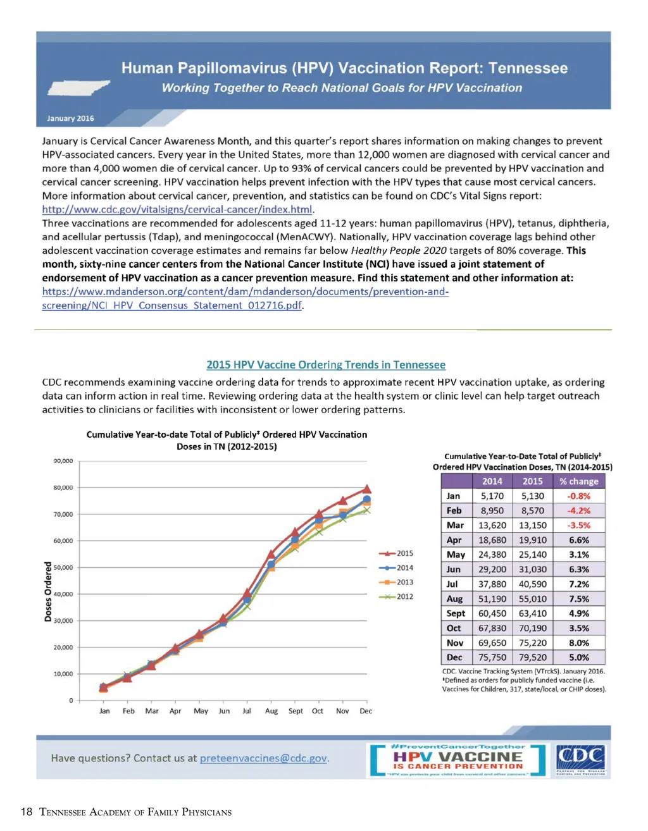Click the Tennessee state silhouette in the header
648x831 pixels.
77,87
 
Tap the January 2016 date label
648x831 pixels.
70,118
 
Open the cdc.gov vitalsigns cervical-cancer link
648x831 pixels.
177,209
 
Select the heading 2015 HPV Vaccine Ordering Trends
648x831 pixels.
326,365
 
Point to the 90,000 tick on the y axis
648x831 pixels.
63,461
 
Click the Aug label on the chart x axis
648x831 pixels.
271,711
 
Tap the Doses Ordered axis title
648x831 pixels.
48,591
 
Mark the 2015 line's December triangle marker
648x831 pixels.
366,489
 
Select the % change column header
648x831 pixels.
578,481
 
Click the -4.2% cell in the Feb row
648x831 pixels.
578,510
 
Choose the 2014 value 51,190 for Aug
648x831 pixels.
492,599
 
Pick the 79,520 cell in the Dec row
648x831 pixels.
532,657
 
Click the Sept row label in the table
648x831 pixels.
456,613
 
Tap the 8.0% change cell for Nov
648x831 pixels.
578,643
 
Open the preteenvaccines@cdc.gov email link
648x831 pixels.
264,758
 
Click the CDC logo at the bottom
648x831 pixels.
580,760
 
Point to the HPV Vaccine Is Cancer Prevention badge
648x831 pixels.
458,760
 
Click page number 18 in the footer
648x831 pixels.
26,812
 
